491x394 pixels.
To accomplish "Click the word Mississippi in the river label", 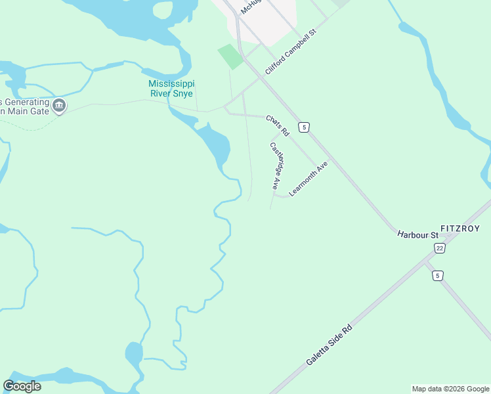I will click(x=171, y=84).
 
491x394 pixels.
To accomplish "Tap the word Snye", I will click(x=181, y=94).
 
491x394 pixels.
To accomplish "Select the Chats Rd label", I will click(x=278, y=125).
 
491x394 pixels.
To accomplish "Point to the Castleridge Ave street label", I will click(x=277, y=166).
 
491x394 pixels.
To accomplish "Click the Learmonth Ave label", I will click(x=308, y=179).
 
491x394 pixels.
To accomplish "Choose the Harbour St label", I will click(x=417, y=235).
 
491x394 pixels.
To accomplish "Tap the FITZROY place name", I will click(x=460, y=229).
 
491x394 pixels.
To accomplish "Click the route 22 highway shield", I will click(x=439, y=247).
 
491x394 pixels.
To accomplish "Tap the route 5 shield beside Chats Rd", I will click(x=303, y=126).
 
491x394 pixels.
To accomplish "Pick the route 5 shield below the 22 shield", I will click(x=437, y=276).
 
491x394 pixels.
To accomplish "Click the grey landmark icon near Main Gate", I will click(x=59, y=105).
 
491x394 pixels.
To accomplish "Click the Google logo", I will click(x=22, y=386).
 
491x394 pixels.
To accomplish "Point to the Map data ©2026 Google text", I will click(x=451, y=389).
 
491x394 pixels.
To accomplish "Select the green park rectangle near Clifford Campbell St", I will click(x=230, y=56).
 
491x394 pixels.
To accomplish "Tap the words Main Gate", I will click(x=28, y=112).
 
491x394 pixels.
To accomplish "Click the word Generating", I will click(x=26, y=102).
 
